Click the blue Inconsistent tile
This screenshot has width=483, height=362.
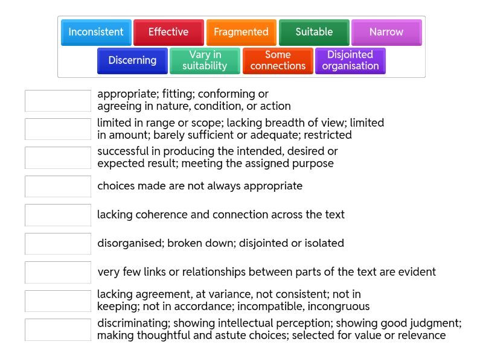[x=96, y=32]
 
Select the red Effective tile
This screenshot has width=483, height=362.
[x=168, y=32]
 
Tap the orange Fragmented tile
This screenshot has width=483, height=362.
[x=241, y=32]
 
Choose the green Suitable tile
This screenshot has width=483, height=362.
[x=314, y=32]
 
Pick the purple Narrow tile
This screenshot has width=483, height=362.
[x=386, y=32]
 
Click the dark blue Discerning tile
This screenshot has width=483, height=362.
[x=132, y=60]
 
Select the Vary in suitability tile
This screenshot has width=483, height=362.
[x=205, y=60]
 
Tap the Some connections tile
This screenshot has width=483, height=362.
[x=278, y=60]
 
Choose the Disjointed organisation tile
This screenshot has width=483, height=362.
[x=350, y=60]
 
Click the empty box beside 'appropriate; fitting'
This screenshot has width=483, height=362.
[x=58, y=101]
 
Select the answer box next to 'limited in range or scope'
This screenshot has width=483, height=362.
[x=58, y=129]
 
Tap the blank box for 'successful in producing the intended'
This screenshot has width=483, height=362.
[x=58, y=157]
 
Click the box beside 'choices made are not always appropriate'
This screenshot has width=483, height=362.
[x=58, y=186]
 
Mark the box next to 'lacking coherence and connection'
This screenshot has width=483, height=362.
[x=58, y=215]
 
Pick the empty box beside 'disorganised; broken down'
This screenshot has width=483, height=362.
[x=58, y=244]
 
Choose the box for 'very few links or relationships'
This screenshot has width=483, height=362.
[x=58, y=272]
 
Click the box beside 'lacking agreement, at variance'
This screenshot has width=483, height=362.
[x=58, y=300]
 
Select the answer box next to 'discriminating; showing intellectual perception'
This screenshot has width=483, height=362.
[x=58, y=329]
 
